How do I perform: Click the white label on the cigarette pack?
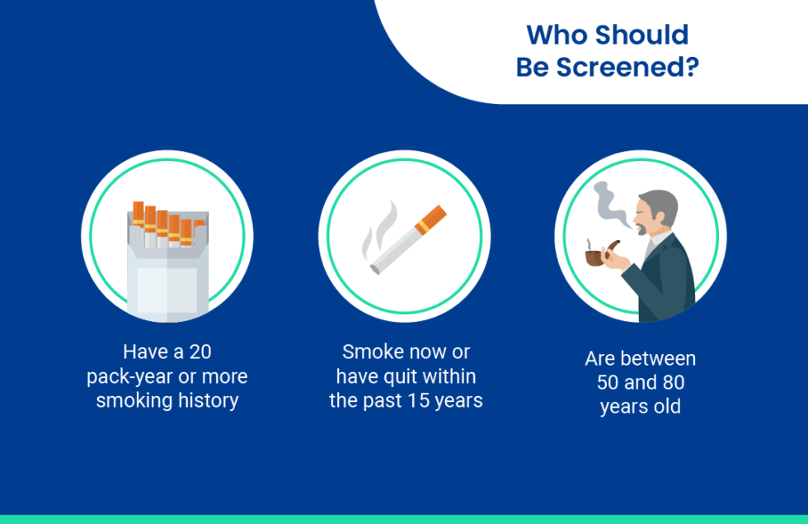click(167, 289)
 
